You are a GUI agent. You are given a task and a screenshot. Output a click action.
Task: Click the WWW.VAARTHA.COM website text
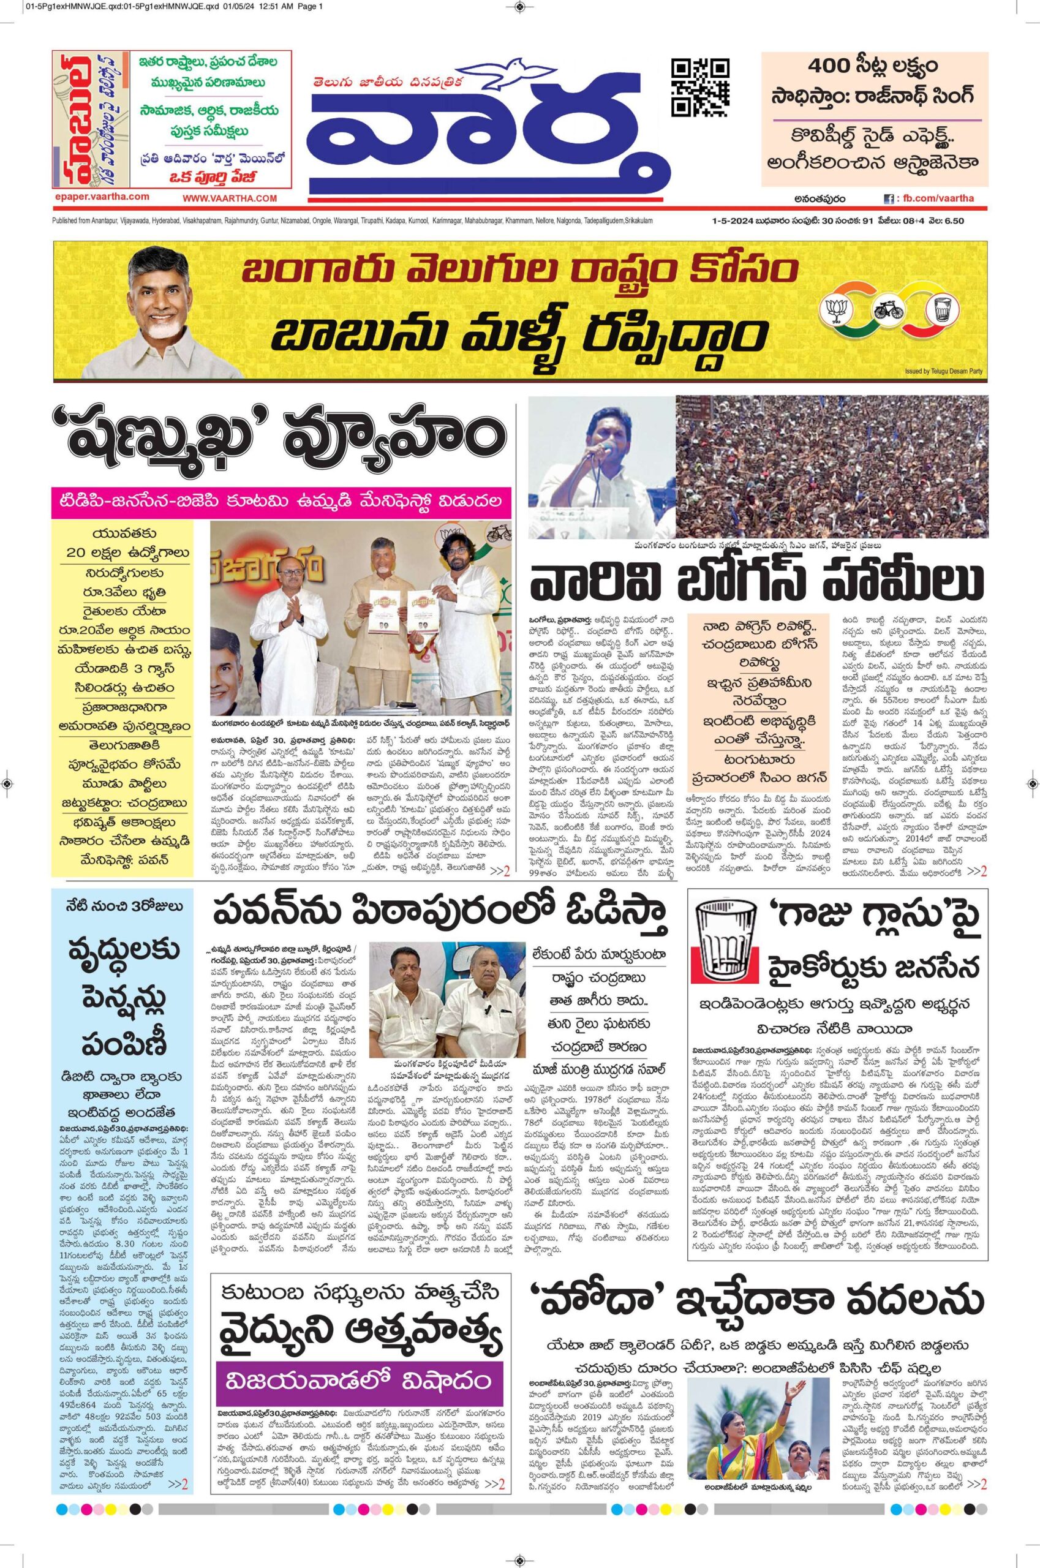click(x=230, y=198)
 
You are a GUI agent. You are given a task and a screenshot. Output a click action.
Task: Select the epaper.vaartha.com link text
click(x=102, y=197)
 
